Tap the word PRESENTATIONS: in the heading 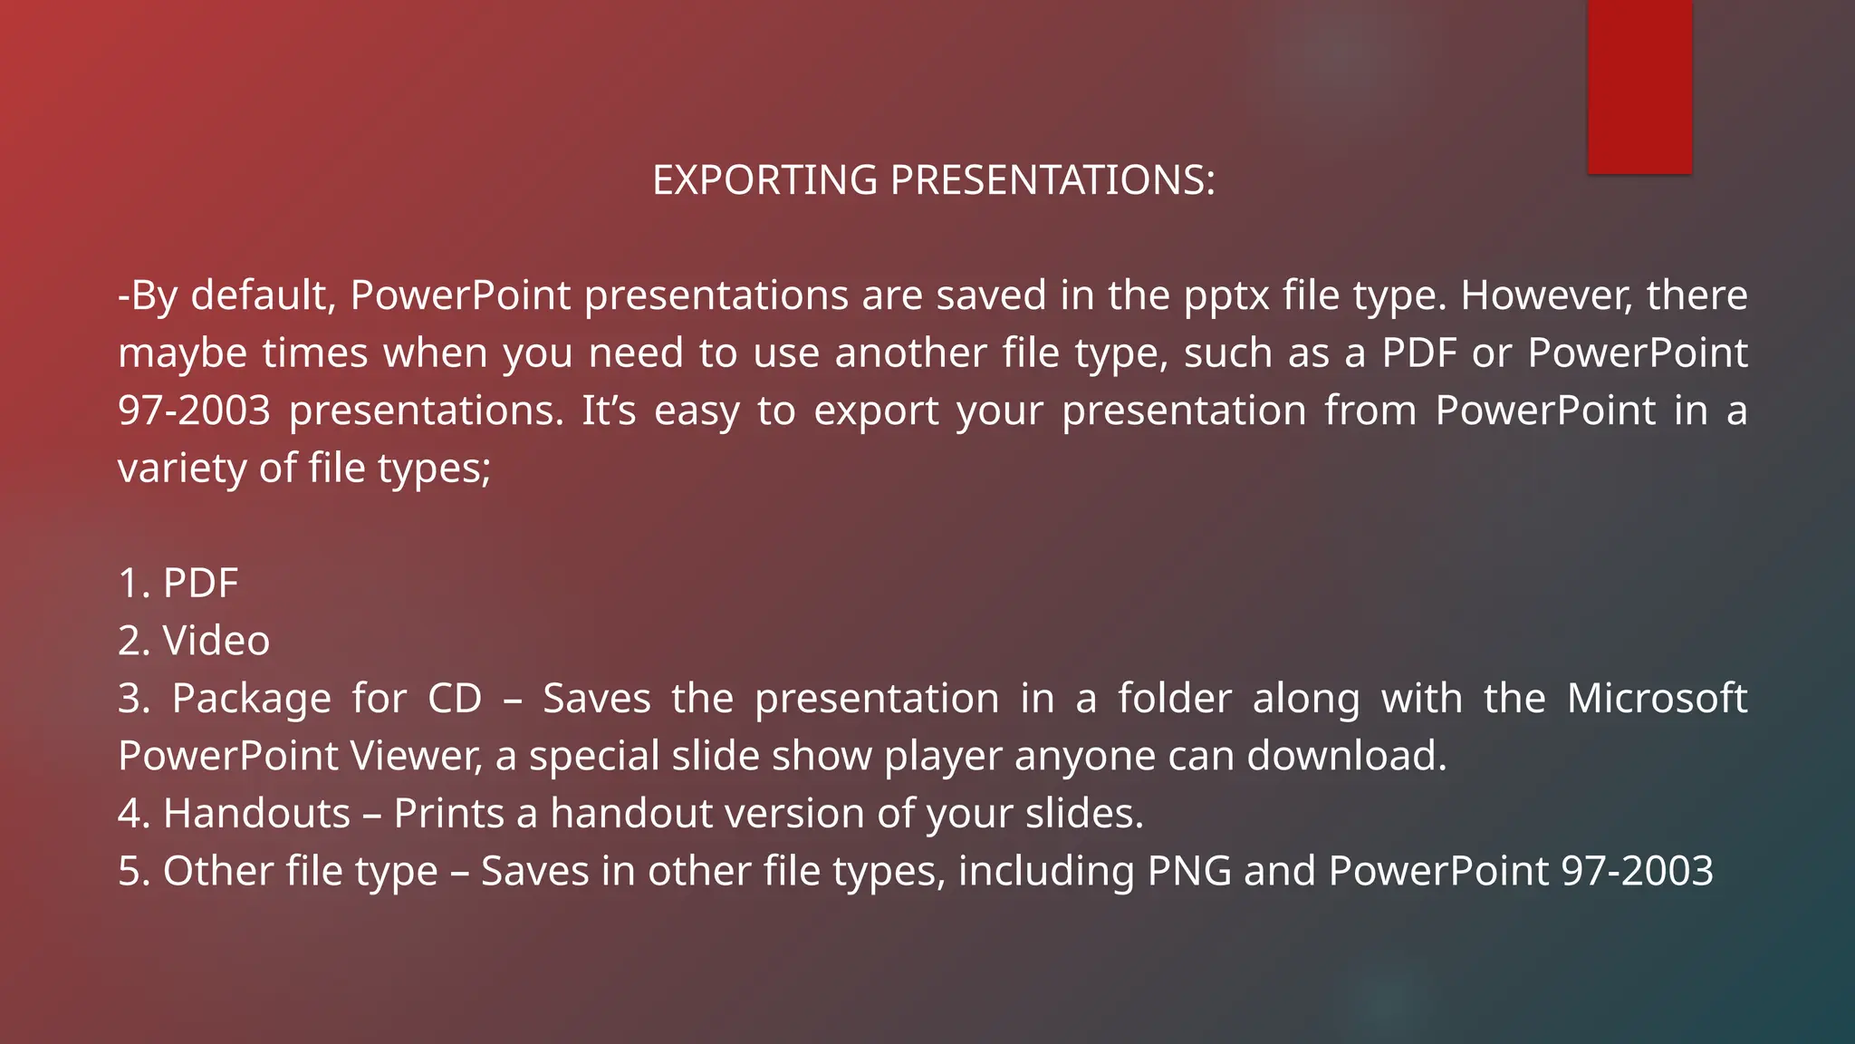pos(1052,180)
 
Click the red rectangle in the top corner pos(1639,86)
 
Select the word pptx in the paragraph pos(1225,296)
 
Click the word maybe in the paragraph pos(182,353)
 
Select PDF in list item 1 pos(200,584)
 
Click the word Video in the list pos(216,641)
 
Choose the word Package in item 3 pos(252,699)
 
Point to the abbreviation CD pos(455,699)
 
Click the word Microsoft pos(1657,699)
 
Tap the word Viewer pos(416,756)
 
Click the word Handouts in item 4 pos(256,814)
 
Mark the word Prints pos(448,814)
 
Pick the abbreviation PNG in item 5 pos(1189,871)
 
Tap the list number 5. pos(131,871)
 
